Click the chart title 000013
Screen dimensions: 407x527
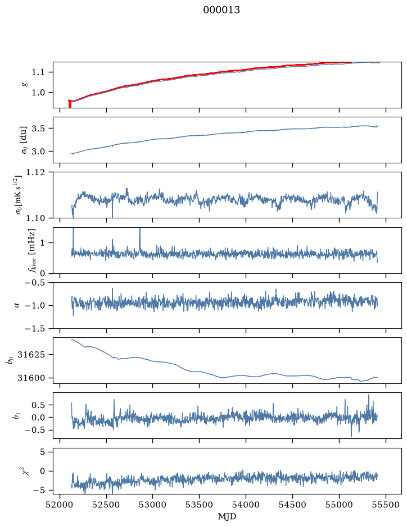click(x=221, y=10)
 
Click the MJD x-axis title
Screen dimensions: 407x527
click(x=227, y=516)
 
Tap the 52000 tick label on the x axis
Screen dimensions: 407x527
click(x=60, y=505)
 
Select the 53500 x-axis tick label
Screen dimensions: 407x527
click(x=200, y=505)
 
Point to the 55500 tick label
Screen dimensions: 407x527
click(x=386, y=505)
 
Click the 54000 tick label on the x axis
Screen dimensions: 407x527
click(x=246, y=505)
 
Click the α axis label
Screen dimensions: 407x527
click(x=17, y=305)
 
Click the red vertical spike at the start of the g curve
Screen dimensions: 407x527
click(x=70, y=104)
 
